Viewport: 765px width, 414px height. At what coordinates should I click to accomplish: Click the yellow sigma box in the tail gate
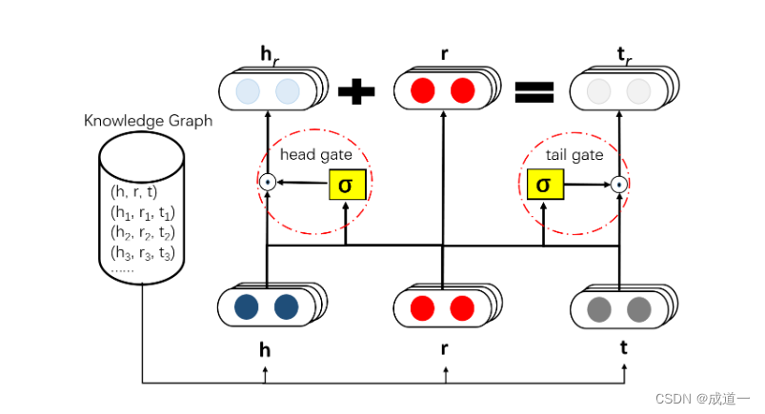pyautogui.click(x=543, y=185)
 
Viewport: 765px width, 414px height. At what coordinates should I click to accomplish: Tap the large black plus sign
pyautogui.click(x=357, y=92)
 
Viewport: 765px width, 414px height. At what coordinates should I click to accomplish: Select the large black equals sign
pyautogui.click(x=533, y=92)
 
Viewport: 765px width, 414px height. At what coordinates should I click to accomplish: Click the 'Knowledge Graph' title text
pyautogui.click(x=148, y=121)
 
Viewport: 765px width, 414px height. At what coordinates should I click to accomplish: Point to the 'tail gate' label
pyautogui.click(x=574, y=155)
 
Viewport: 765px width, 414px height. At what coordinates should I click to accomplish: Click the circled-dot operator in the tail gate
pyautogui.click(x=620, y=185)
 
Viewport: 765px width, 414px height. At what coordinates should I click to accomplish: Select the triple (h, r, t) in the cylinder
pyautogui.click(x=140, y=191)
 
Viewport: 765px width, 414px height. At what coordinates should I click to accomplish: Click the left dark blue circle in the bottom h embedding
pyautogui.click(x=247, y=307)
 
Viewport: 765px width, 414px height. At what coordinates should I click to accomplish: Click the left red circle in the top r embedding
pyautogui.click(x=422, y=91)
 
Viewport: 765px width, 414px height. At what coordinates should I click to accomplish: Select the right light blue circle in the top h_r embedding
pyautogui.click(x=287, y=91)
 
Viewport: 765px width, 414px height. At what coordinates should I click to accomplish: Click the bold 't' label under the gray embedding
pyautogui.click(x=623, y=348)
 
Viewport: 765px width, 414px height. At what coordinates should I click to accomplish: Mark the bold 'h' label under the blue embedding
pyautogui.click(x=266, y=349)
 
